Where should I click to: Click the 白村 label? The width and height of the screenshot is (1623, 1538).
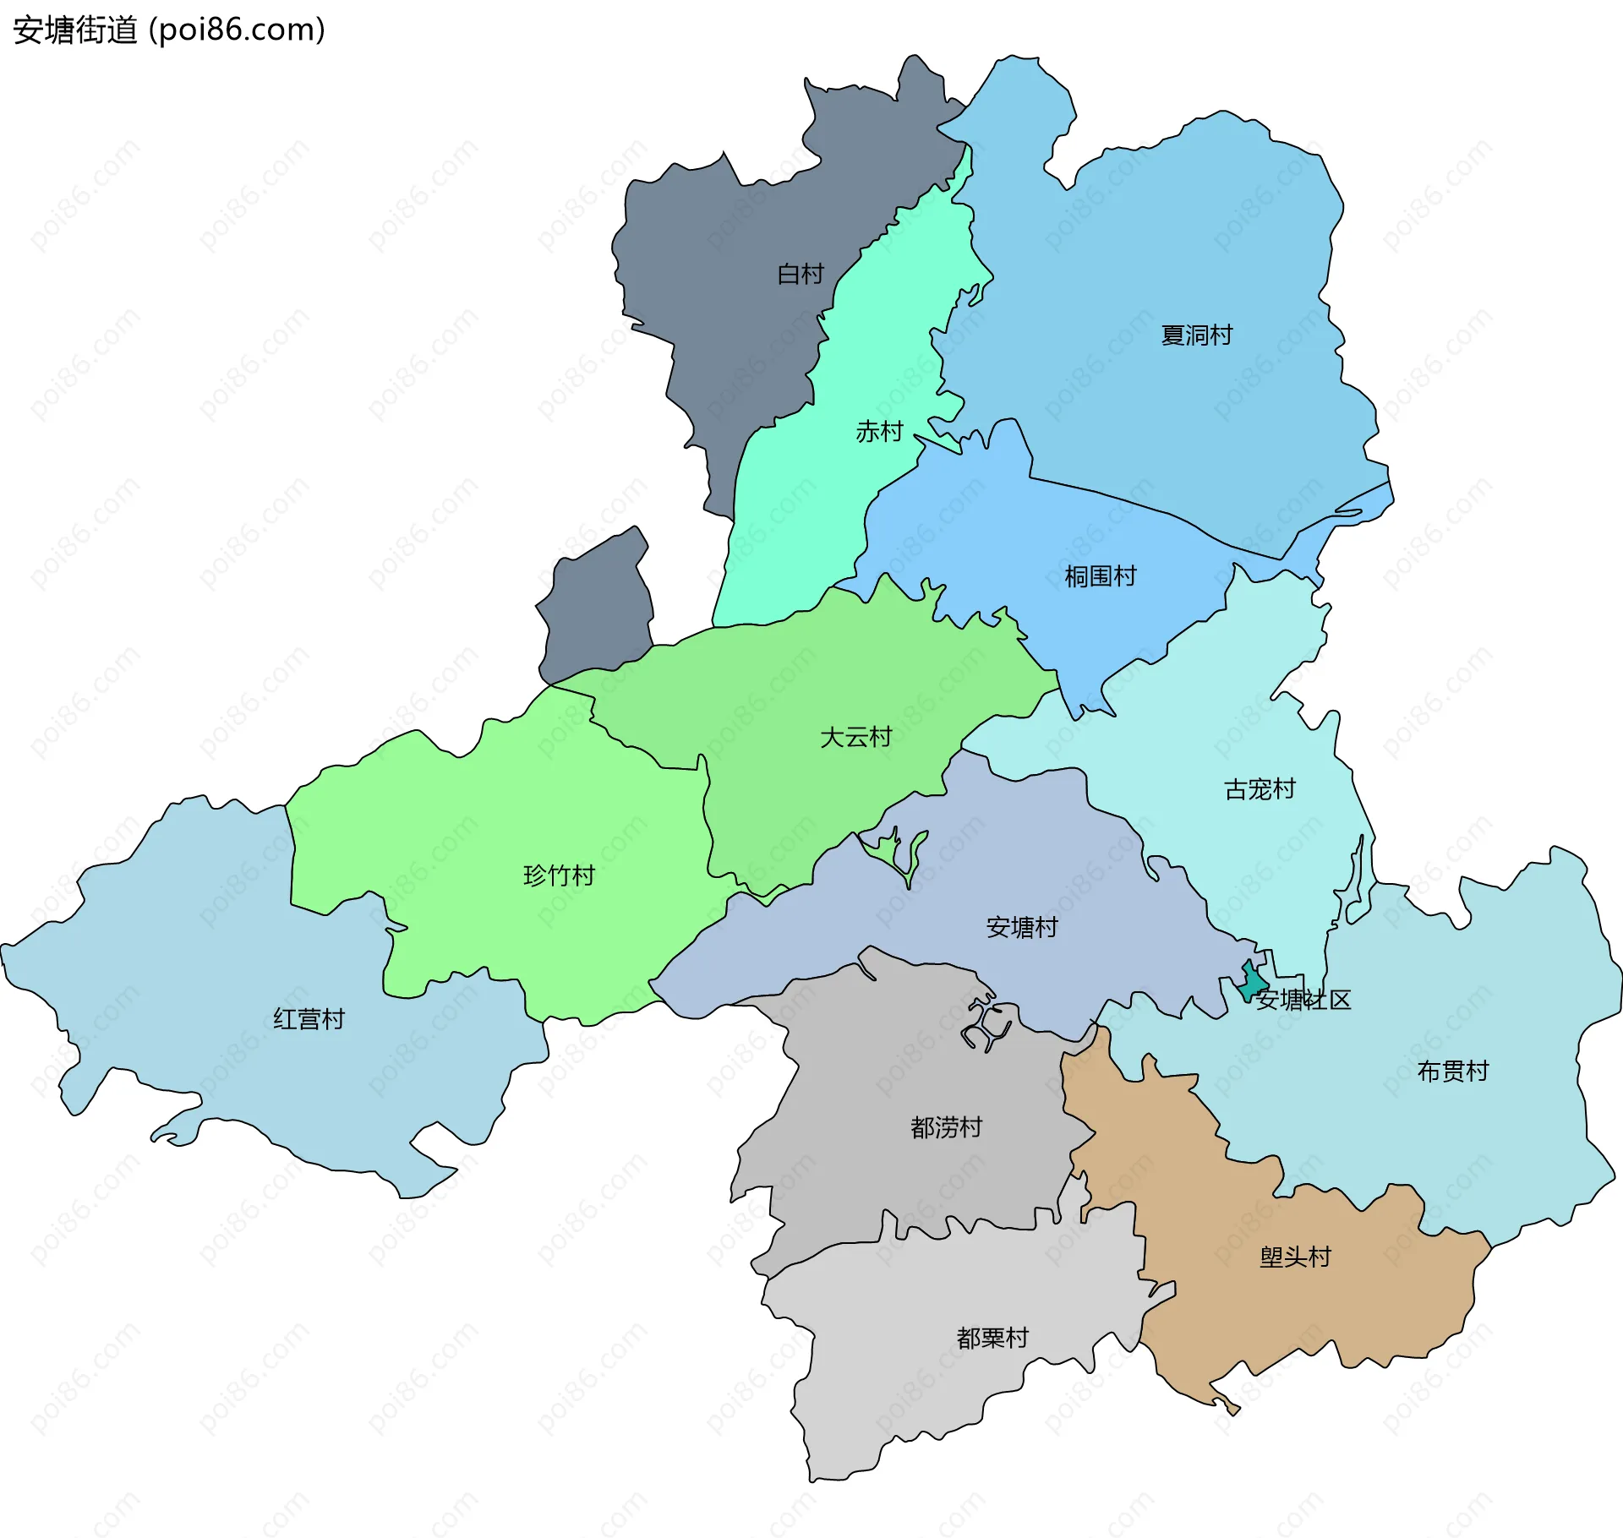(800, 274)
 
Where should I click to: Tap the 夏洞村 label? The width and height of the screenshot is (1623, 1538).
(1196, 335)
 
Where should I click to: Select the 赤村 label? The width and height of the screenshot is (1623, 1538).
(879, 432)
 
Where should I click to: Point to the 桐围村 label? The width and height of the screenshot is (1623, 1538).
(1101, 576)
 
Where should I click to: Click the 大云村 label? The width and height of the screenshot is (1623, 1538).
(855, 738)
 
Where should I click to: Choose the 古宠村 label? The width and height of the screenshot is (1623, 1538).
(1260, 789)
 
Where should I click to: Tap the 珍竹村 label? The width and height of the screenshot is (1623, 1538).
(559, 875)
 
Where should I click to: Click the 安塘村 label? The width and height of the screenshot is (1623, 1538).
(1022, 928)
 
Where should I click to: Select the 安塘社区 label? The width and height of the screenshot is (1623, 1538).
(1303, 1001)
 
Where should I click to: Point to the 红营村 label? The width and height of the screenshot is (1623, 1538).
(309, 1019)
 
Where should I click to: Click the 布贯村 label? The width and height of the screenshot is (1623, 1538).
(1452, 1072)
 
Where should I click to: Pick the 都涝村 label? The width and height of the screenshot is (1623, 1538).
(946, 1127)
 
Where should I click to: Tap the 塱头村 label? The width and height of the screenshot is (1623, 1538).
(1295, 1257)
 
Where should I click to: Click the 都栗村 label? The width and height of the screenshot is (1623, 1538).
(992, 1338)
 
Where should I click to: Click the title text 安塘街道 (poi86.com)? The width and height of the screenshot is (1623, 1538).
(169, 30)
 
